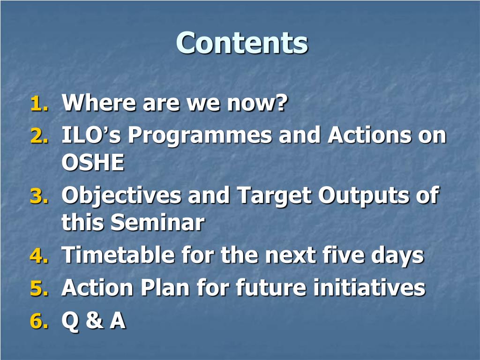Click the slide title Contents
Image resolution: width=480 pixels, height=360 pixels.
point(242,43)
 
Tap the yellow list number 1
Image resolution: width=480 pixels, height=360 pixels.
point(39,104)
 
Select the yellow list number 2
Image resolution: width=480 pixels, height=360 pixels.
point(39,135)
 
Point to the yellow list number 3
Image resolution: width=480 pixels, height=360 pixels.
point(39,195)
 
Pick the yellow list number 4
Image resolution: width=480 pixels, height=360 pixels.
point(39,255)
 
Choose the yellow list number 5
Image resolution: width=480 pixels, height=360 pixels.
point(39,288)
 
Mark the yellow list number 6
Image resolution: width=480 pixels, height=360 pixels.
point(39,321)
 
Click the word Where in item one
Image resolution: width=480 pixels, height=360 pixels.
point(98,103)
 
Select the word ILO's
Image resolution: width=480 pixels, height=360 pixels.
point(91,135)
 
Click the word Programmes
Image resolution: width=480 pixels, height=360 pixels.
point(200,136)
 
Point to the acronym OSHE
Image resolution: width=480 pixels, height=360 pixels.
point(93,162)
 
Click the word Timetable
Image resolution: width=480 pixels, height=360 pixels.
point(118,255)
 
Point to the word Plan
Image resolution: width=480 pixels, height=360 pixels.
point(165,287)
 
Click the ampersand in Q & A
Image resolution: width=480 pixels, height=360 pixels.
point(95,320)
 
